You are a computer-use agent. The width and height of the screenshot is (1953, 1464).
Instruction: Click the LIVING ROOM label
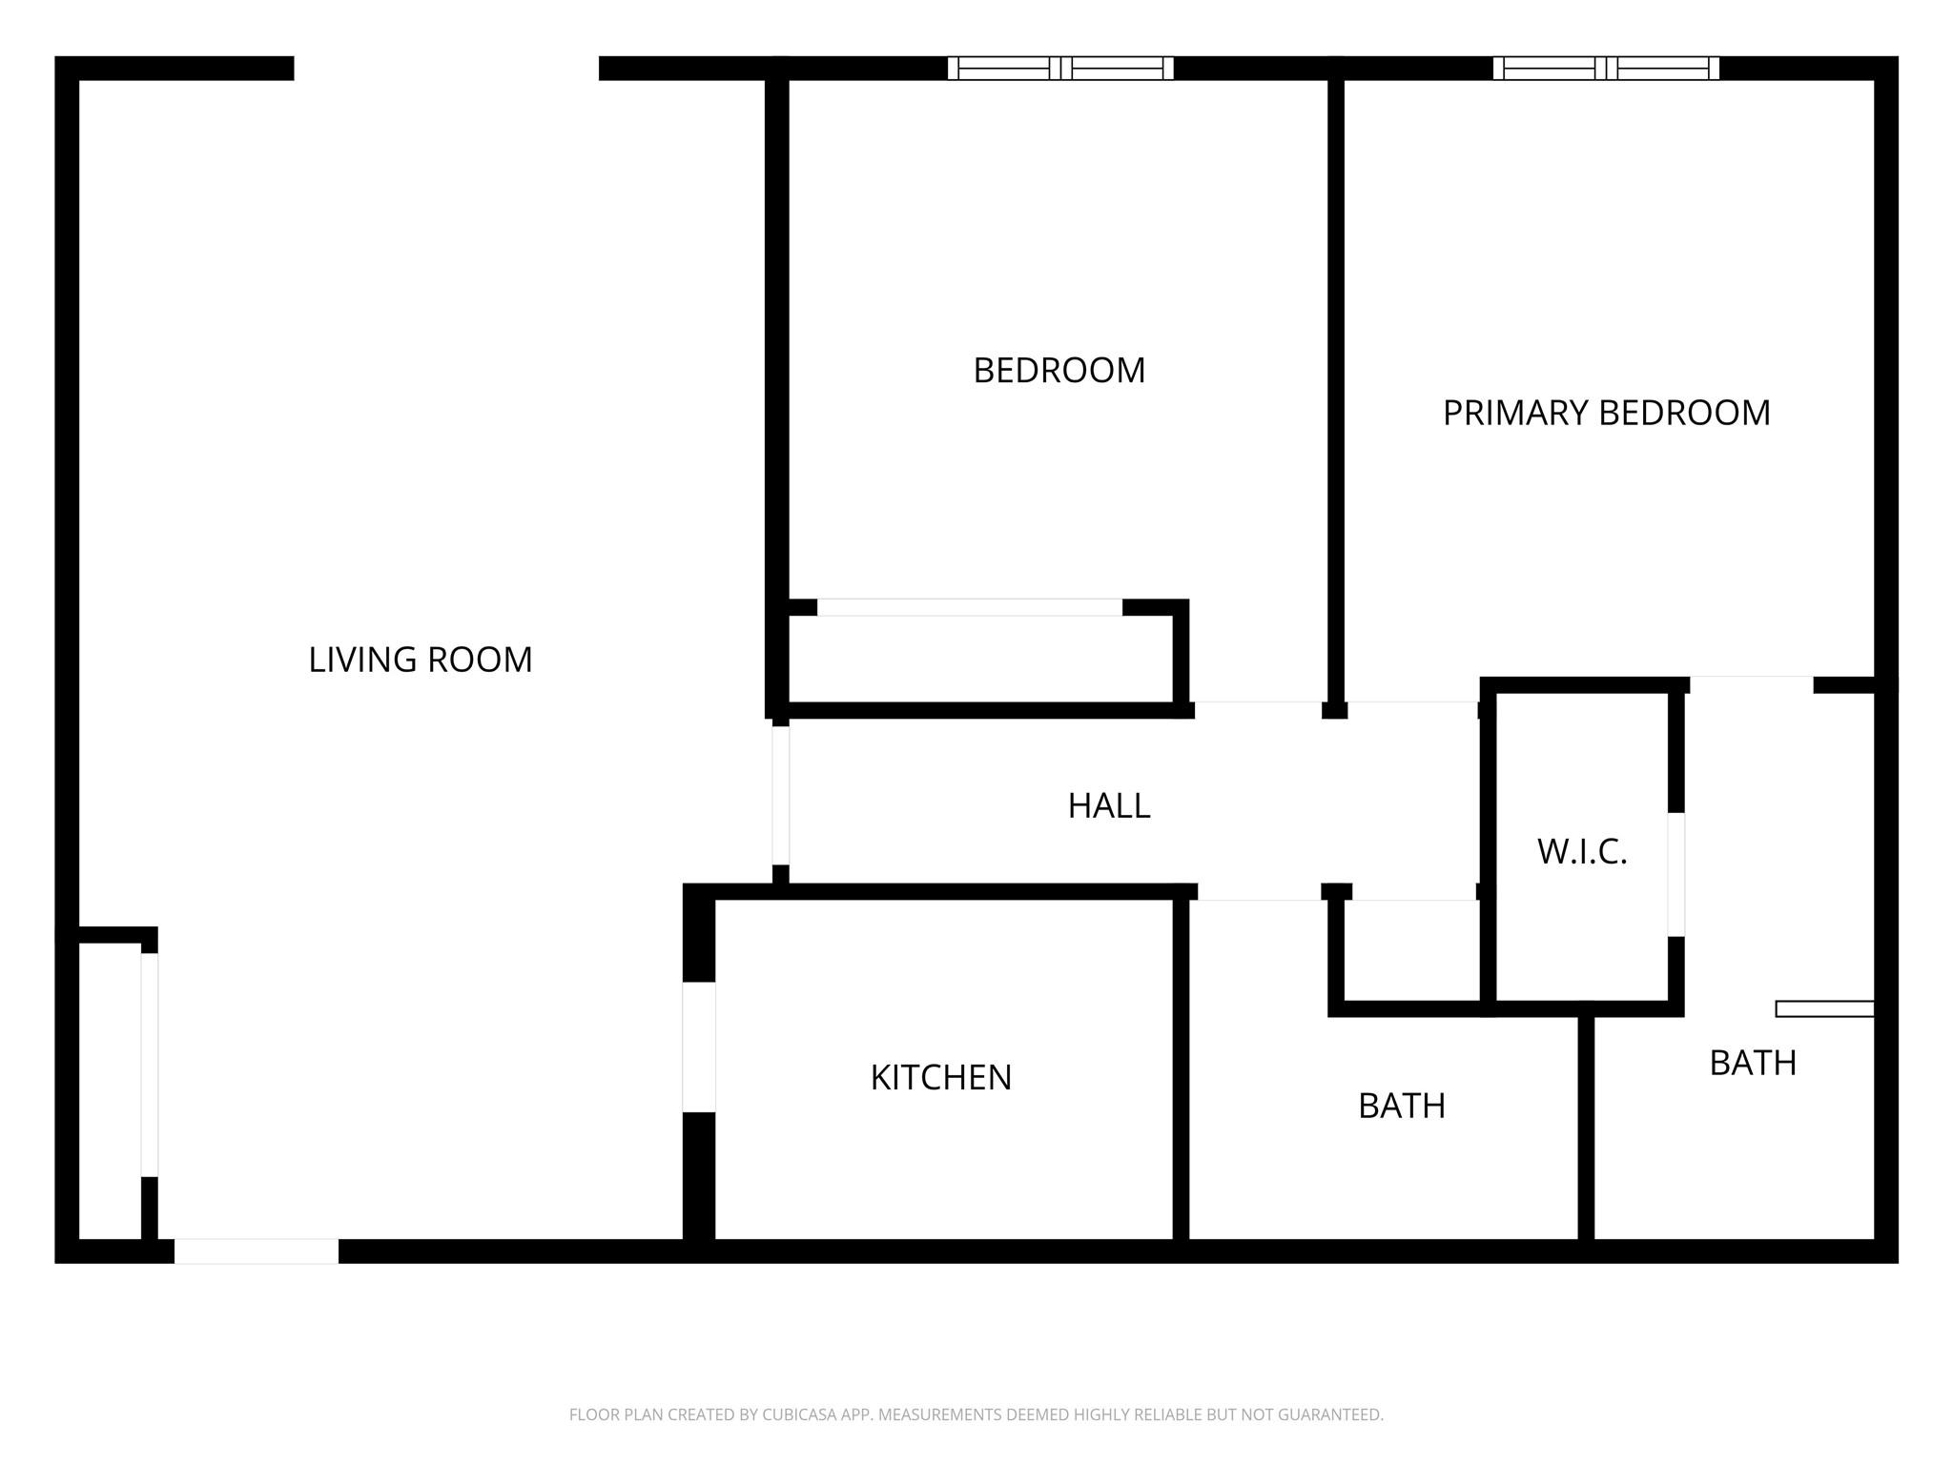(x=420, y=660)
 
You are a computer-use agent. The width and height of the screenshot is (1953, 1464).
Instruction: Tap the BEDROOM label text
(x=1059, y=370)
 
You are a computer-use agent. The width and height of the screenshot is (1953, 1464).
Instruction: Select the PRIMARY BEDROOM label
(x=1606, y=413)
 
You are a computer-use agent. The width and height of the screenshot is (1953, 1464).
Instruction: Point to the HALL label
(x=1108, y=805)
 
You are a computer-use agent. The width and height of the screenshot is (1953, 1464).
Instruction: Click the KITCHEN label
(x=940, y=1077)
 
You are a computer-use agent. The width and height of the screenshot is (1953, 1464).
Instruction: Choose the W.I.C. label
(x=1581, y=851)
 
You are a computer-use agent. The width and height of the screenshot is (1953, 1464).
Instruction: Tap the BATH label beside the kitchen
(x=1401, y=1106)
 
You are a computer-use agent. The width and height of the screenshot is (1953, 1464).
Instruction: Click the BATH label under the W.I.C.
(x=1752, y=1063)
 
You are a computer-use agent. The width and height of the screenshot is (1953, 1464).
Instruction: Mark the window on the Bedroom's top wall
(x=1060, y=69)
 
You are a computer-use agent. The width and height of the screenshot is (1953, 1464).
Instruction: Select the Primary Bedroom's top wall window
(x=1606, y=69)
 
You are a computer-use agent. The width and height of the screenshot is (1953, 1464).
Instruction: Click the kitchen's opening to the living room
(x=699, y=1047)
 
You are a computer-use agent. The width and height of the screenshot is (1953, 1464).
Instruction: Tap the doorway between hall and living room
(x=781, y=795)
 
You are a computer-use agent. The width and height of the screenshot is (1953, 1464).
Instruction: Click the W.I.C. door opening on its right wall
(x=1675, y=874)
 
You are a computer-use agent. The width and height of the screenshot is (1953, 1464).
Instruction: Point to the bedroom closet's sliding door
(x=969, y=607)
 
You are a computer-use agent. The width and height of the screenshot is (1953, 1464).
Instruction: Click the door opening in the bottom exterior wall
(x=256, y=1251)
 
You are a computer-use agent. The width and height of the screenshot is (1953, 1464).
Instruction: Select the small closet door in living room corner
(x=150, y=1065)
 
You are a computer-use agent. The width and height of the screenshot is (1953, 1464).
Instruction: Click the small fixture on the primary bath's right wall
(x=1824, y=1008)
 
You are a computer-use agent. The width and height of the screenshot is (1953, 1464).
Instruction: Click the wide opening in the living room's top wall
(x=445, y=69)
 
